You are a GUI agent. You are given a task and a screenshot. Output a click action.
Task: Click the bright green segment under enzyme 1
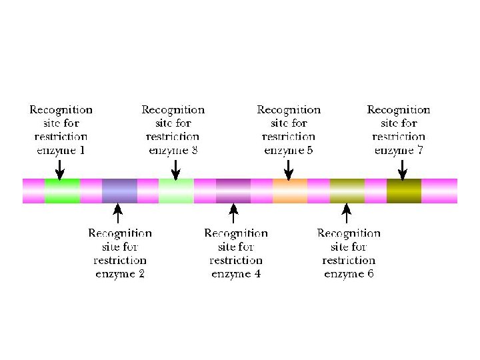(62, 191)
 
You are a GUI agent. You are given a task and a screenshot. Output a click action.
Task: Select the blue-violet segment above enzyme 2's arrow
(119, 191)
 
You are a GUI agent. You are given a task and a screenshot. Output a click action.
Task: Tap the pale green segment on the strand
(176, 191)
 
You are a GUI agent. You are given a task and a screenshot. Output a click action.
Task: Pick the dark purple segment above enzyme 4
(233, 191)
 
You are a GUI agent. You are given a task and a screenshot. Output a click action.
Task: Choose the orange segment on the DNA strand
(290, 191)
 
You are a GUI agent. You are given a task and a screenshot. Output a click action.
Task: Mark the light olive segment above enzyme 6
(347, 191)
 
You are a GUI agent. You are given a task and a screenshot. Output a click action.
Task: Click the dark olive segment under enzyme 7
(404, 191)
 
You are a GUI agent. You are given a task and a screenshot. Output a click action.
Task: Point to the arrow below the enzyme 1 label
(60, 169)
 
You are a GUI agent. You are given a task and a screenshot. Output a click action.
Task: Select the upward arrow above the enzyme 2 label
(118, 213)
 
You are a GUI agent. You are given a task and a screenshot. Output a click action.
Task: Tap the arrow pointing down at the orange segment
(288, 169)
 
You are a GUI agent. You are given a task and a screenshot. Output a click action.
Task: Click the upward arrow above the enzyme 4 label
(233, 213)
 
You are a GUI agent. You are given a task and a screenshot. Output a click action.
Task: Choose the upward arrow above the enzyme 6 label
(346, 213)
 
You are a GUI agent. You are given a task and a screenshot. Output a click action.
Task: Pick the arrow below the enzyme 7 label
(401, 169)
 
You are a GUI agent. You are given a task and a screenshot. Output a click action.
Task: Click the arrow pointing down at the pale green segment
(175, 169)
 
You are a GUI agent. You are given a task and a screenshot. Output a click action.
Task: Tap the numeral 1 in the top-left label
(82, 150)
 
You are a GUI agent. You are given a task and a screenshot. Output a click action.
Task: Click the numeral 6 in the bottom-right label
(370, 274)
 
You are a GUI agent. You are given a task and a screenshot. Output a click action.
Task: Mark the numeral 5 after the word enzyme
(310, 150)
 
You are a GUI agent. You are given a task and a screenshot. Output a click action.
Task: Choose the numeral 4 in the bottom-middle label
(257, 274)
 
